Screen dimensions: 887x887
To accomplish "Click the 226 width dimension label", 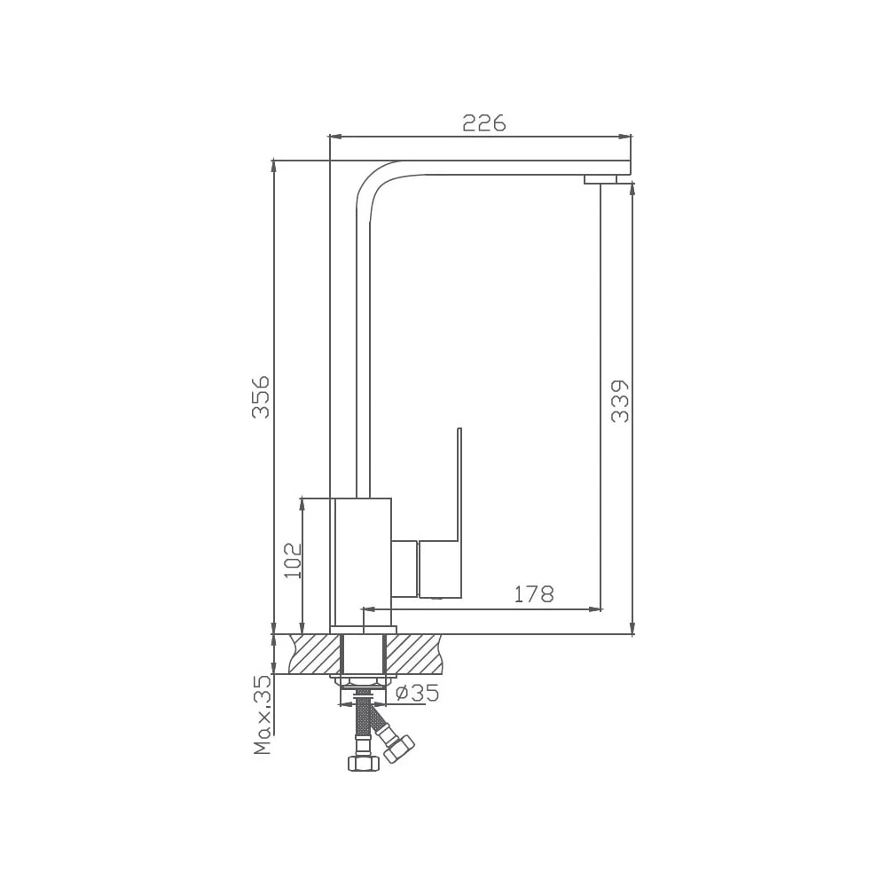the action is [x=483, y=122].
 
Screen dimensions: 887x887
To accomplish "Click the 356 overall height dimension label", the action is [x=261, y=396].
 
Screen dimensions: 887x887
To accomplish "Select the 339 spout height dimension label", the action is [x=620, y=401].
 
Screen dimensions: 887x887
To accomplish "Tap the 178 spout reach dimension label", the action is [x=533, y=594].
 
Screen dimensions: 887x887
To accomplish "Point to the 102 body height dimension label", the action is [x=293, y=560].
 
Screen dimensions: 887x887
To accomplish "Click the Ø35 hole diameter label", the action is [x=417, y=693].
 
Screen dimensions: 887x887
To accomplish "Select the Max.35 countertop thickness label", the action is [x=263, y=715].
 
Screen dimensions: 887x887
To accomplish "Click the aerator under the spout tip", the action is [x=600, y=179].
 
